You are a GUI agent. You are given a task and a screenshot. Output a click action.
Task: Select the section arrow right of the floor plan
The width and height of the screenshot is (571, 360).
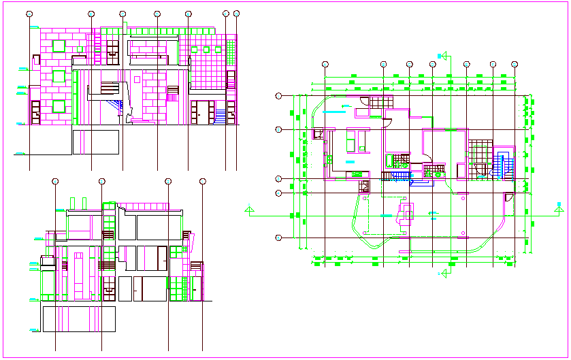point(559,208)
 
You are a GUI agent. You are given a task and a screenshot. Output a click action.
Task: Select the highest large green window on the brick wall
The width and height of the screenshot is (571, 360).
point(59,46)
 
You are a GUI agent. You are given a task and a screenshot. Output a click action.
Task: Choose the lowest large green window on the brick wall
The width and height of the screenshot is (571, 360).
point(59,106)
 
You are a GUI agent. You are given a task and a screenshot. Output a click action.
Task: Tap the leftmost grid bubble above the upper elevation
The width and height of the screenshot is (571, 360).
point(29,14)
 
